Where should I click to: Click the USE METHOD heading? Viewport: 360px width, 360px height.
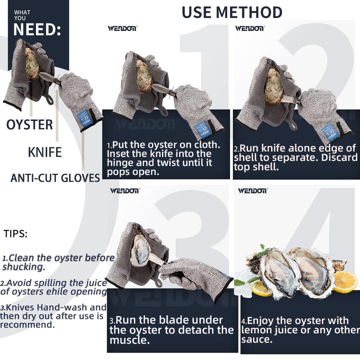coord(231,12)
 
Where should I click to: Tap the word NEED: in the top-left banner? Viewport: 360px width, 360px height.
coord(37,29)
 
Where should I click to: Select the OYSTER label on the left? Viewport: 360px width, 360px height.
coord(29,124)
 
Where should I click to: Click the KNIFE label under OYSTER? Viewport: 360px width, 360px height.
coord(44,152)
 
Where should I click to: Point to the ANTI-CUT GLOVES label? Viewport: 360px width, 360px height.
coord(55,178)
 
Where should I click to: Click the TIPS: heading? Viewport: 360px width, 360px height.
coord(15,233)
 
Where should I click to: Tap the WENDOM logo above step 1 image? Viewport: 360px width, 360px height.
coord(122,28)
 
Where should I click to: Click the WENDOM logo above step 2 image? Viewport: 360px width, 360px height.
coord(249,28)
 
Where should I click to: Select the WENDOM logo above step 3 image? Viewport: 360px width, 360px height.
coord(125,190)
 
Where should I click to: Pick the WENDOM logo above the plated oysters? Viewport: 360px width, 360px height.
coord(252,190)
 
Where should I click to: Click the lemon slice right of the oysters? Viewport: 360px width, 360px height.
coord(345,281)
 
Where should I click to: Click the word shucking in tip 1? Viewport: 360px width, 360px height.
coord(24,267)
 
